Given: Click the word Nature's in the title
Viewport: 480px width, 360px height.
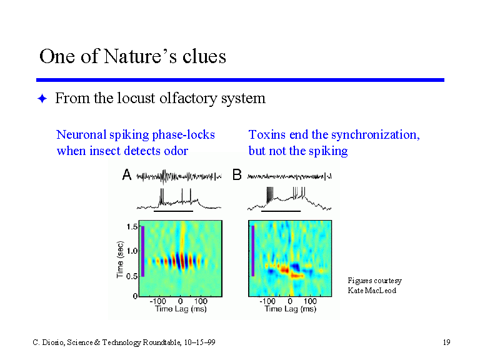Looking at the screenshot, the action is click(140, 56).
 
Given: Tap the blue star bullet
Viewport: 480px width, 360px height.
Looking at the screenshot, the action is click(42, 99).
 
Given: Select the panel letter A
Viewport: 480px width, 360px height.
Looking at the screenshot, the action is click(127, 175).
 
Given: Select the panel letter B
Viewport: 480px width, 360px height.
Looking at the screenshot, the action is click(237, 175).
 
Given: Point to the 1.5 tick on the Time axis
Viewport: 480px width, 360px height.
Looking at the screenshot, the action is click(132, 227).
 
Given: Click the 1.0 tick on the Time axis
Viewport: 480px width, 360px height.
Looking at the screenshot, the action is click(132, 251).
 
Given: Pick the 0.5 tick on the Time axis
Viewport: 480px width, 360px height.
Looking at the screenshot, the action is click(132, 276).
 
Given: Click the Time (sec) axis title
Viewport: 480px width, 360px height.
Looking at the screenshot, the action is click(120, 259).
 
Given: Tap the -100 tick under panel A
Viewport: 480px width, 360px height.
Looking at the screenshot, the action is click(157, 301).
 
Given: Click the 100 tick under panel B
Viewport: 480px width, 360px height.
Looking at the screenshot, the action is click(310, 301).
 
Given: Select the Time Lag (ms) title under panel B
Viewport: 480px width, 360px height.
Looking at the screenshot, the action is click(290, 309).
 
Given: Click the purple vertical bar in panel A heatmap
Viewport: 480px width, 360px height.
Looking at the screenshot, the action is click(142, 251).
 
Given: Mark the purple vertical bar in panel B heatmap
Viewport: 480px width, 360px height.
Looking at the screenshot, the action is click(253, 251).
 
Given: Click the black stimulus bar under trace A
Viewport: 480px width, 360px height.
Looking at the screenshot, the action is click(173, 211).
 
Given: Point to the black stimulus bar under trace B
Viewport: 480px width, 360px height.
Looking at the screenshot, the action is click(281, 211).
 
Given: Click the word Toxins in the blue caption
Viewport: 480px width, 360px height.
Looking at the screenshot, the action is click(267, 135).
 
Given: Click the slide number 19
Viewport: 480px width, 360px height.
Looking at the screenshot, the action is click(447, 342).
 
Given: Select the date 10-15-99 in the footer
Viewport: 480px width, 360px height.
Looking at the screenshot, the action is click(199, 342).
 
